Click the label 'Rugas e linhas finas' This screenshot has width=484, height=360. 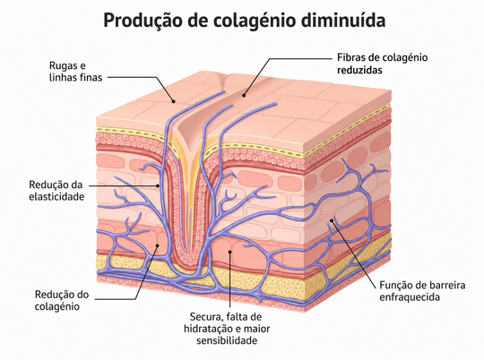[x=75, y=72]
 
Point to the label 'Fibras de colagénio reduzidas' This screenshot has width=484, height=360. [x=382, y=64]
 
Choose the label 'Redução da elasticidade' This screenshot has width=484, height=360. [x=56, y=191]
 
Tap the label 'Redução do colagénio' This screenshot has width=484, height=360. [x=62, y=300]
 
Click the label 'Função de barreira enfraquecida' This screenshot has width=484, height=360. [x=422, y=291]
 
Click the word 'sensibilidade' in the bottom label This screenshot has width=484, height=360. [x=227, y=340]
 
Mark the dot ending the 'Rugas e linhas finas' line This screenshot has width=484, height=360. [x=174, y=101]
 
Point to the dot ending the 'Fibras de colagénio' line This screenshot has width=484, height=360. [x=244, y=95]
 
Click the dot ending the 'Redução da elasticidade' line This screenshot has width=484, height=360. [x=158, y=185]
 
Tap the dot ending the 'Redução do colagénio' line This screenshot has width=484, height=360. [x=158, y=245]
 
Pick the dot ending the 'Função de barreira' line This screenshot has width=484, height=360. [x=332, y=220]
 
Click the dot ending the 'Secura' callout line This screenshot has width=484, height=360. [x=230, y=252]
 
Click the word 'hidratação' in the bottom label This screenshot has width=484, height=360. [x=208, y=329]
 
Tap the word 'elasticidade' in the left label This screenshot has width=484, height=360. [x=56, y=196]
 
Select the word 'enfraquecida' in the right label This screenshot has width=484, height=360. [x=410, y=297]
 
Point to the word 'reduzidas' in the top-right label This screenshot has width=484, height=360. [x=359, y=70]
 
